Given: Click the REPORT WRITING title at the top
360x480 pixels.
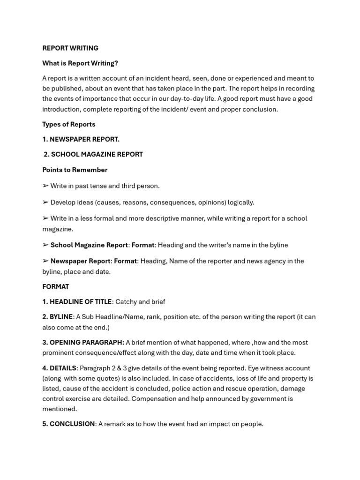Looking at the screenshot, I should tap(70, 48).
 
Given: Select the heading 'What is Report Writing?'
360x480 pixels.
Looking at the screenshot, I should tap(80, 63).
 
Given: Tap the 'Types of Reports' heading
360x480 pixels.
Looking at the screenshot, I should tap(69, 124).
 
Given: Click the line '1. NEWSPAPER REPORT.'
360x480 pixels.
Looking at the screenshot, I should tap(81, 139).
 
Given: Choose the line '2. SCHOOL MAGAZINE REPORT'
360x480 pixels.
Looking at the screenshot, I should tap(93, 154).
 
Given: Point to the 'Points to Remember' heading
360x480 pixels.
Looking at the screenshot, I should tap(75, 170).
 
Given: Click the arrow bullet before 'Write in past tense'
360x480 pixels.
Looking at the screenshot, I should tap(45, 186).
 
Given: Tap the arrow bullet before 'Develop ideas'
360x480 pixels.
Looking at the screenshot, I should tap(45, 202).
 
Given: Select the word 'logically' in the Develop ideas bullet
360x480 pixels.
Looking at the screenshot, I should tap(240, 202).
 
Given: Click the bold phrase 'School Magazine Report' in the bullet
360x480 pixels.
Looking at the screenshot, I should tap(89, 245).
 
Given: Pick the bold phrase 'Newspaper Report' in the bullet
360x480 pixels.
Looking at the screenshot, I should tap(81, 261).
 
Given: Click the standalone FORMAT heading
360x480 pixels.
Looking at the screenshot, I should tap(56, 286).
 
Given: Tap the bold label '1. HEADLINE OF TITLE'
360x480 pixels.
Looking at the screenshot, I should tap(77, 302).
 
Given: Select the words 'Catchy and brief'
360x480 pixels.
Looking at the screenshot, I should tap(140, 302).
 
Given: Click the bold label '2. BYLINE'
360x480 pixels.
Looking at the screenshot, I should tap(57, 317).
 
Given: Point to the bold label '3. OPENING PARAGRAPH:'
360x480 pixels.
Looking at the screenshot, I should tap(83, 343).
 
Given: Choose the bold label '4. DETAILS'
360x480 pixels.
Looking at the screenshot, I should tap(59, 368).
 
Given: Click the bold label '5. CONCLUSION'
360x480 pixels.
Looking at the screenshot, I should tap(68, 424).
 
